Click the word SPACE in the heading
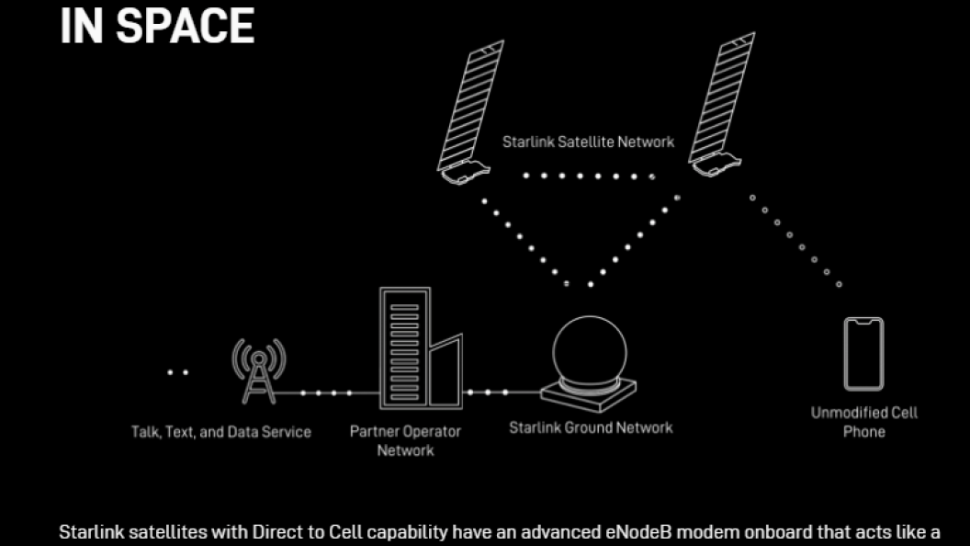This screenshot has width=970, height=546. (x=185, y=26)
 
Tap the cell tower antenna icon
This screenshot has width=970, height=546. (x=259, y=370)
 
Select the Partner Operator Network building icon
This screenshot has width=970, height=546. (x=421, y=347)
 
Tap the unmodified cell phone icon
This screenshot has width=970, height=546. (x=863, y=354)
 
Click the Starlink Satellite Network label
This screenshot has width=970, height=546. (x=588, y=142)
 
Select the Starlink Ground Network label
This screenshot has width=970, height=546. (x=591, y=427)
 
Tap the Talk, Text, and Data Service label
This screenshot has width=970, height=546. (x=220, y=432)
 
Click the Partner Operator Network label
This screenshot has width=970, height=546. (x=405, y=441)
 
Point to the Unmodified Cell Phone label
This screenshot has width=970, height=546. (x=864, y=422)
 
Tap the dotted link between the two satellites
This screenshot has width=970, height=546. (x=589, y=176)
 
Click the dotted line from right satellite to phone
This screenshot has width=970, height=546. (x=795, y=242)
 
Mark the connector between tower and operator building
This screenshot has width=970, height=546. (x=327, y=392)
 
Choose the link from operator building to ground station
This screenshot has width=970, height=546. (x=502, y=392)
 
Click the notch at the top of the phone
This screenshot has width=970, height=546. (x=863, y=322)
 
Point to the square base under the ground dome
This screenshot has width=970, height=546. (x=588, y=395)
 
